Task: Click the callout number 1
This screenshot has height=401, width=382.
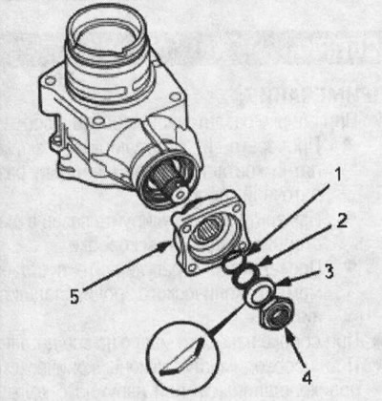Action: tap(338, 175)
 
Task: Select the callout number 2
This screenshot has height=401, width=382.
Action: tap(341, 221)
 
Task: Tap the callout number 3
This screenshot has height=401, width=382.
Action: tap(329, 271)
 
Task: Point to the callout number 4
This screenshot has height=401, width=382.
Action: tap(307, 378)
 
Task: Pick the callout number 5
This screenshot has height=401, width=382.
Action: tap(74, 296)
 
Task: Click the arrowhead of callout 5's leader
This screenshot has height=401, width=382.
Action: tap(167, 245)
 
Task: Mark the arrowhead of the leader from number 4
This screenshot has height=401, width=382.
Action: tap(287, 333)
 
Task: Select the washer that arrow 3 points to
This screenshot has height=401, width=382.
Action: tap(259, 293)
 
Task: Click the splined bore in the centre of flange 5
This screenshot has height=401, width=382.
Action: tap(208, 231)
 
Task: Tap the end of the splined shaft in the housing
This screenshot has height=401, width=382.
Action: tap(180, 194)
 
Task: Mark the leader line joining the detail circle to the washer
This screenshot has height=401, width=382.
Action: tap(226, 318)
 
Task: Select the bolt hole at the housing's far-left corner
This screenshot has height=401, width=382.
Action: tap(50, 80)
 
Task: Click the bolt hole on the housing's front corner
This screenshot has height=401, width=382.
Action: tap(99, 120)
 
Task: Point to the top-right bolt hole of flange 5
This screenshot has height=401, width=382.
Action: tap(236, 207)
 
